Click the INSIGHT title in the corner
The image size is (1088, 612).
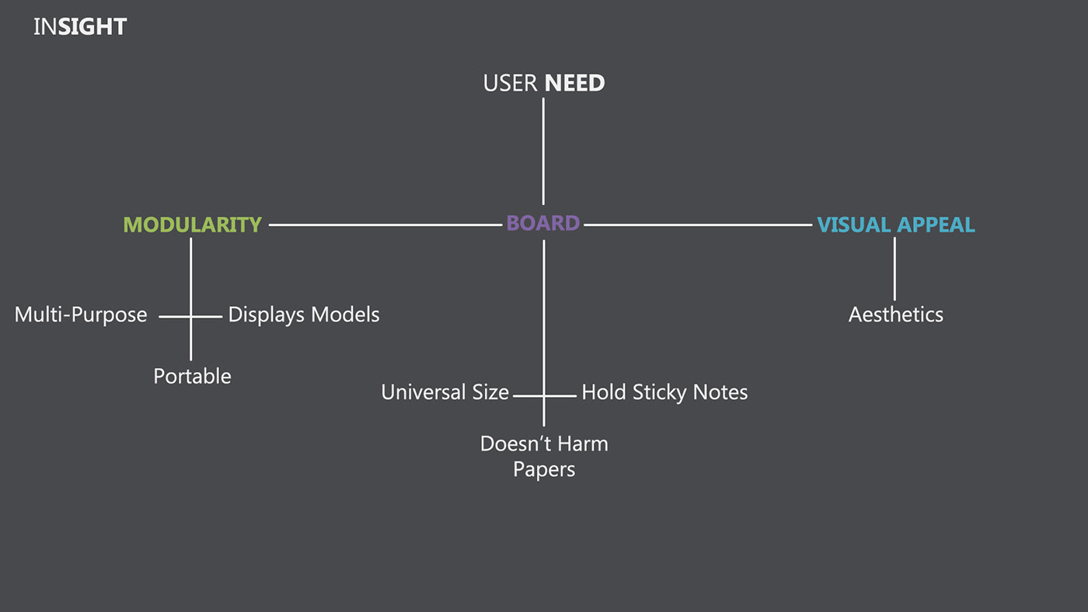(79, 27)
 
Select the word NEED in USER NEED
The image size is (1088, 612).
(574, 83)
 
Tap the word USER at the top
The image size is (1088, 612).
(511, 83)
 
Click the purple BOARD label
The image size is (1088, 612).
(543, 224)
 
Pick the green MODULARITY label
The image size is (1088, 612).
(192, 224)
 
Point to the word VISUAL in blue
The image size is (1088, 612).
(853, 224)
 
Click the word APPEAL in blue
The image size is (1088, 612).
(936, 224)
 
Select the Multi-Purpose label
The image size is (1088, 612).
(81, 315)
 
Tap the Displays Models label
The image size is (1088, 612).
(304, 315)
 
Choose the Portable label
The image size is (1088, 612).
(192, 376)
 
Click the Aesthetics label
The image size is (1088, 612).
(895, 315)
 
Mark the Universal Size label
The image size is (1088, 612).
(445, 392)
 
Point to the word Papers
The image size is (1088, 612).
(544, 470)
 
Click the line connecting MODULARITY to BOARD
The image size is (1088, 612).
(385, 224)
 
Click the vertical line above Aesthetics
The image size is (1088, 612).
(894, 268)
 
